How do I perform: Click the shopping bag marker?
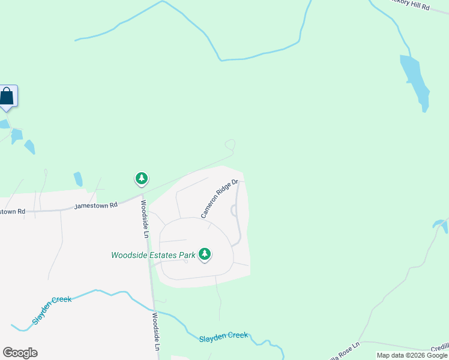[7, 96]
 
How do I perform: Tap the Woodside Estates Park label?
[154, 255]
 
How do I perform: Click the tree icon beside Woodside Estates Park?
[205, 254]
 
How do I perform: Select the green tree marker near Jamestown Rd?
[142, 178]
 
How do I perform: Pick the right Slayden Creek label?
[223, 336]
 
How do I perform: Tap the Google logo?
[20, 353]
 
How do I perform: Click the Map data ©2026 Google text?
[412, 355]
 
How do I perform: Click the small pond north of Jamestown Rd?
[78, 179]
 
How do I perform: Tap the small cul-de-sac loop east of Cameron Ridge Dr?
[233, 210]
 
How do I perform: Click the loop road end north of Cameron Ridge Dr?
[230, 145]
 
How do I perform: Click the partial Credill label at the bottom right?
[439, 347]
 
